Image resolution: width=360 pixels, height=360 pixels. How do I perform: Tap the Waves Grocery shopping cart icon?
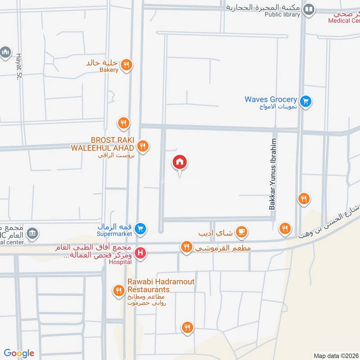point(306,101)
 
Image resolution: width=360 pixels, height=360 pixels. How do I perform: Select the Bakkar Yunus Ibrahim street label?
point(273,174)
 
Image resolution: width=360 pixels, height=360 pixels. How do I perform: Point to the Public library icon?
point(309,9)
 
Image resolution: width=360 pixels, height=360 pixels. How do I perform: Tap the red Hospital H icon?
point(140,253)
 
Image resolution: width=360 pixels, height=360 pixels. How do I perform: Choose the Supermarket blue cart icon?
point(140,229)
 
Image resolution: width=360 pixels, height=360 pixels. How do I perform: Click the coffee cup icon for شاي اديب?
point(242,232)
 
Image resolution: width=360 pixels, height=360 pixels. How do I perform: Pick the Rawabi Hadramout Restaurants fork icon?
point(119,290)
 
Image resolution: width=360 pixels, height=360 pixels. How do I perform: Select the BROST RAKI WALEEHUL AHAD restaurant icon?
point(143,145)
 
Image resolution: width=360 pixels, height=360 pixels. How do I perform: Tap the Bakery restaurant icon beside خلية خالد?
point(127,64)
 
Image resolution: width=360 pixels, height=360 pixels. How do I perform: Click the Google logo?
point(19,353)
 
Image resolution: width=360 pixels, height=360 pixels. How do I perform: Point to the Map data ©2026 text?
point(335,355)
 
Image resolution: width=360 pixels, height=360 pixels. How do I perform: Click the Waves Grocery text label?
point(270,99)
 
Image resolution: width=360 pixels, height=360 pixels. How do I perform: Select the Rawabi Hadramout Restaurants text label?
point(161,285)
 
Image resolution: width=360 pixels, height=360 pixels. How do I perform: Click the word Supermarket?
point(115,234)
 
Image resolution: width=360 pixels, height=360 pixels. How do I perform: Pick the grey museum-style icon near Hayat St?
point(5,52)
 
